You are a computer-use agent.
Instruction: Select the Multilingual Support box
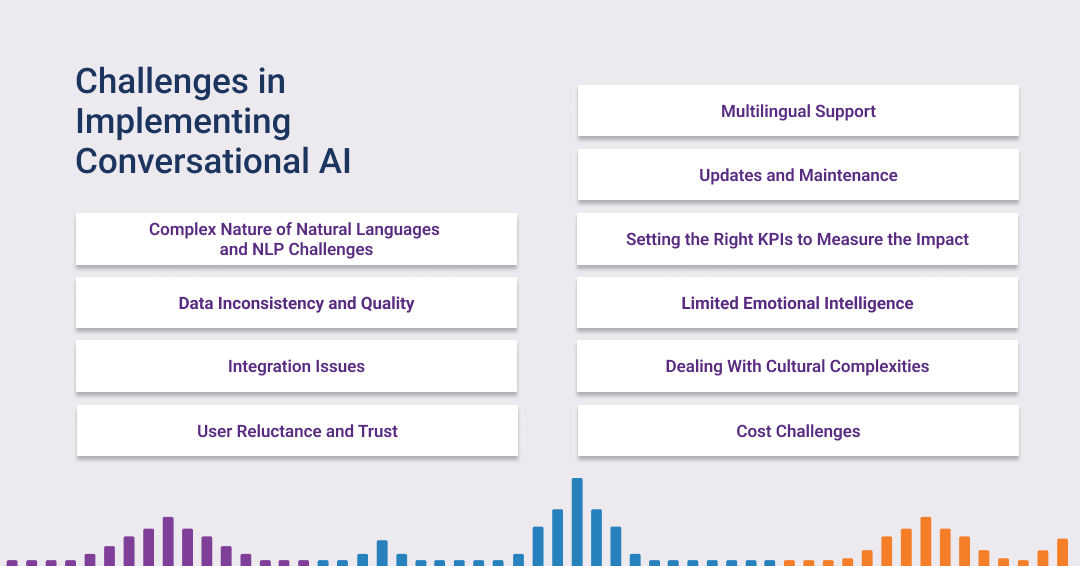(798, 111)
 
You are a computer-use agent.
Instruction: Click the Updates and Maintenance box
(798, 175)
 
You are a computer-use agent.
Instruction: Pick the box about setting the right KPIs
(798, 239)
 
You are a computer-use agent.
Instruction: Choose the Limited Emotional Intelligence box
(798, 303)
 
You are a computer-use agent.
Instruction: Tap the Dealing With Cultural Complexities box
(798, 366)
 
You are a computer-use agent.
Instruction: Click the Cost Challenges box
(798, 431)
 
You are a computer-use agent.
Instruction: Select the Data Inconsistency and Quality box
(296, 303)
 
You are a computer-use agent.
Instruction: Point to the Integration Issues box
(296, 366)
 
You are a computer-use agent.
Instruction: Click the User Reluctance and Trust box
(297, 431)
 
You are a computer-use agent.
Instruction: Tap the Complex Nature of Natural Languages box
(296, 239)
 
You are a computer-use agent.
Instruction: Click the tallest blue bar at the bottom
(577, 521)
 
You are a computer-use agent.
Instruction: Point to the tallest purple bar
(168, 541)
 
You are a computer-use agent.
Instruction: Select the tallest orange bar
(926, 541)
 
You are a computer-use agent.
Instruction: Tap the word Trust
(377, 431)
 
